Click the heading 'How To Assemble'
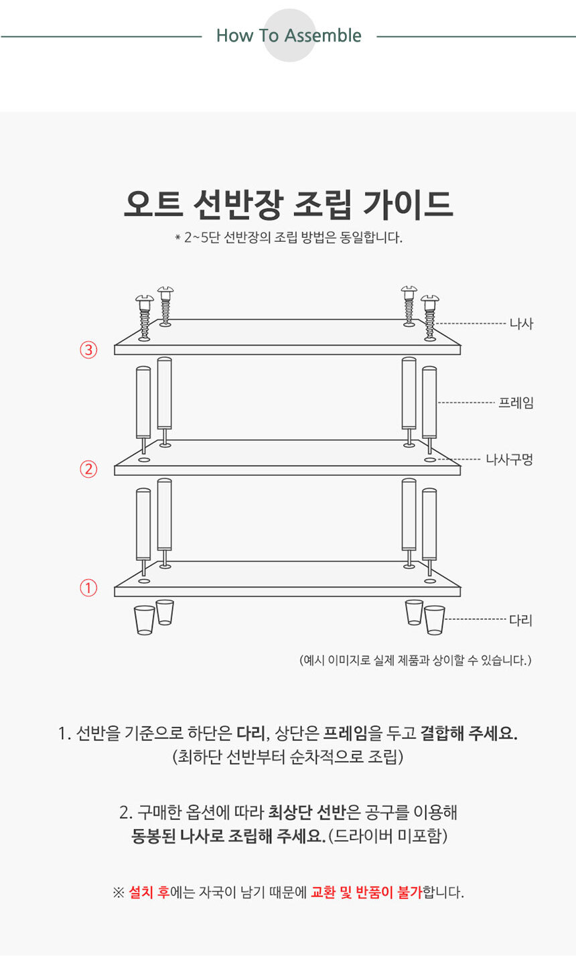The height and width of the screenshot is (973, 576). [289, 36]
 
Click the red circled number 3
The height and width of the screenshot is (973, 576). [88, 350]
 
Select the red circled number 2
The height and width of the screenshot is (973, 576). [88, 469]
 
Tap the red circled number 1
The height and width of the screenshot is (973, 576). [88, 588]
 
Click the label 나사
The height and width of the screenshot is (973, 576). [521, 324]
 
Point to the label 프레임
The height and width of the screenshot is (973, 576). [516, 403]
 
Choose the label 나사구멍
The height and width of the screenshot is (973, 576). [509, 459]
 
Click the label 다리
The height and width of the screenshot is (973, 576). [521, 620]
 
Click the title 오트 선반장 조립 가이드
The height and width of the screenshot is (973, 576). [289, 204]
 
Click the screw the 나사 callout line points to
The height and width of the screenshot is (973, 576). [430, 318]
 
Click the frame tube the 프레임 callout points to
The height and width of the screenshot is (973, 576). [429, 403]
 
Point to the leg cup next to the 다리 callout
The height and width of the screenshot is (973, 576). [434, 620]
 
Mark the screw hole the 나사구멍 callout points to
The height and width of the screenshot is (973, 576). [430, 460]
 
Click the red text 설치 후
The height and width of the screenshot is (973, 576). [149, 892]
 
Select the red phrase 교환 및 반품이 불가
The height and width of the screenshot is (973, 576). [366, 892]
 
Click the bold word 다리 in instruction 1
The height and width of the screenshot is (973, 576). [250, 734]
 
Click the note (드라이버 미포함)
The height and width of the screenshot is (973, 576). [388, 836]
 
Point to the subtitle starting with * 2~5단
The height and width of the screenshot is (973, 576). [289, 238]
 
